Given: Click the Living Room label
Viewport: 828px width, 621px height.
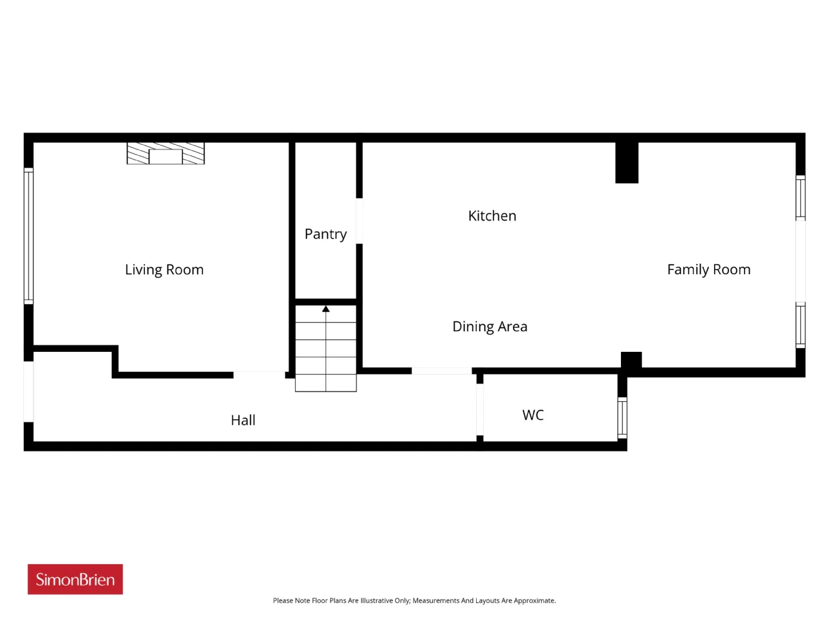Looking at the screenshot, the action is coord(164,270).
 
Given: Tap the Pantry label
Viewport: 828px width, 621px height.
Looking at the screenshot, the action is coord(325,235).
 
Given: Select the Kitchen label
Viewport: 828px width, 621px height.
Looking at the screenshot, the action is coord(492,216).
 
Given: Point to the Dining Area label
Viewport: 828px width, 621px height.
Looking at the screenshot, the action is coord(490,327).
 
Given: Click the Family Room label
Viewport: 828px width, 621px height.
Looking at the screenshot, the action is coord(708,270).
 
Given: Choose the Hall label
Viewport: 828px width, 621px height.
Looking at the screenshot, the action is coord(243,420).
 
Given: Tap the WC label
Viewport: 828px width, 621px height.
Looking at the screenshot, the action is coord(532,415).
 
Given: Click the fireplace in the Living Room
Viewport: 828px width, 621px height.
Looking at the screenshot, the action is coord(166,153).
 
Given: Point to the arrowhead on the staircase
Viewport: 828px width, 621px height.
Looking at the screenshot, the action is coord(325,309).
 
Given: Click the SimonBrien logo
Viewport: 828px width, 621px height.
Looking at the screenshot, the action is coord(75,579).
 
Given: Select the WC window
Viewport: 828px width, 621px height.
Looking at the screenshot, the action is coord(622,418).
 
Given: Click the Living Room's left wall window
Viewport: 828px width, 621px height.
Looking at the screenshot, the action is coord(28,236).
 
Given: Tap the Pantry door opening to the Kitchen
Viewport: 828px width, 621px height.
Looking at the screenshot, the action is coord(360,221).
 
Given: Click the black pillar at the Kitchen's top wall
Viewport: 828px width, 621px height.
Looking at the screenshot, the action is coord(627,162).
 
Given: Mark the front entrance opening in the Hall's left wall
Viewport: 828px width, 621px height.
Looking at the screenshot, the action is coord(28,392).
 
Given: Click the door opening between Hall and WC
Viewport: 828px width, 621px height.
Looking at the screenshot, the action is coord(480,409).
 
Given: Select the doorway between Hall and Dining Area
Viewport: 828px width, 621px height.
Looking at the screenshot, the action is coord(441,371).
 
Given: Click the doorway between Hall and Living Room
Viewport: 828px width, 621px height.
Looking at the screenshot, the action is coord(259,375).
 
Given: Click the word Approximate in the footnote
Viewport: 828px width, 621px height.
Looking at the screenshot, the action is coord(534,601).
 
